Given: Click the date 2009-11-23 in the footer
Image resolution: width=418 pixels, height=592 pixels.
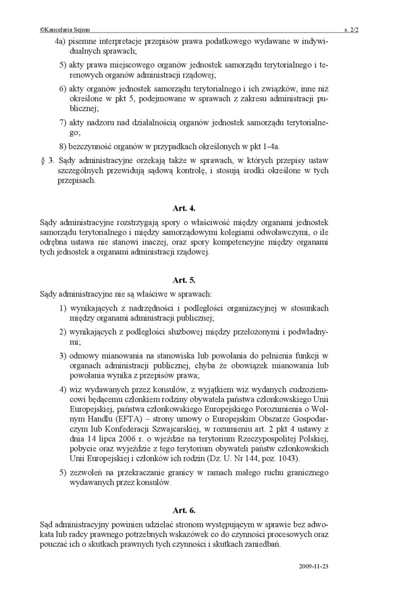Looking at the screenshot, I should tap(314, 566).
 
